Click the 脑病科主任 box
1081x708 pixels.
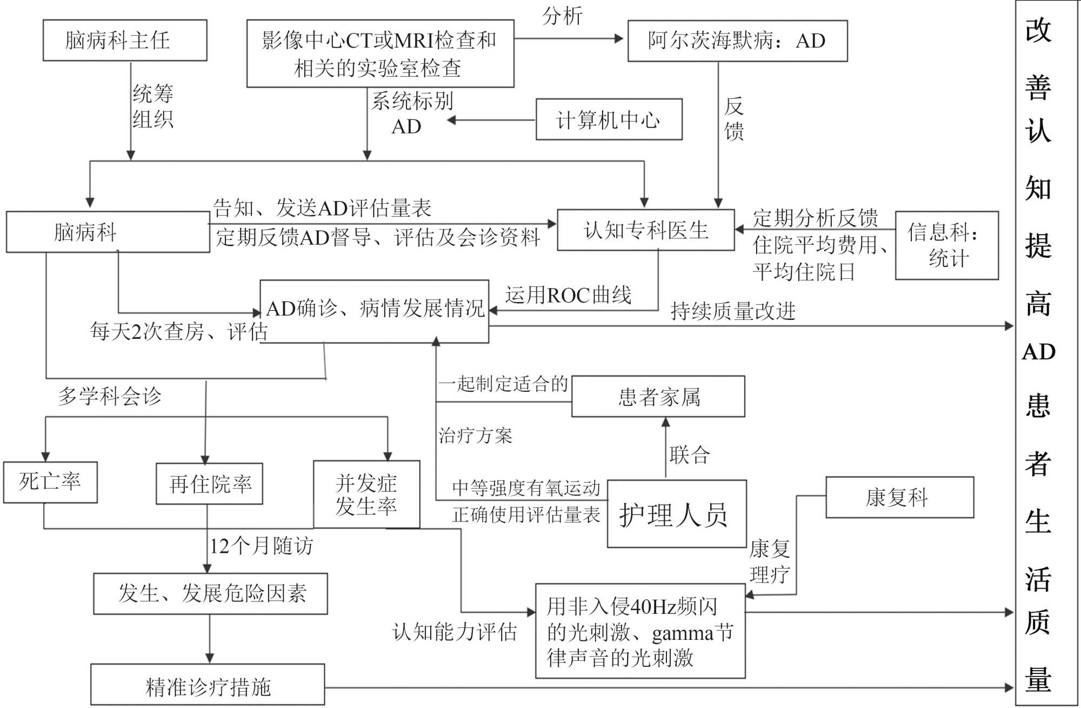pyautogui.click(x=125, y=41)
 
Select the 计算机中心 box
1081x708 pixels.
pyautogui.click(x=609, y=119)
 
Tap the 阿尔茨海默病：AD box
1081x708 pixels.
pyautogui.click(x=737, y=41)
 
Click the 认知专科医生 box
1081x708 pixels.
pyautogui.click(x=645, y=230)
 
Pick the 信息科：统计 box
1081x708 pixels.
pyautogui.click(x=946, y=245)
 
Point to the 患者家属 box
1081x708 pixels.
pyautogui.click(x=658, y=397)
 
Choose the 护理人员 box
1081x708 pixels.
pyautogui.click(x=677, y=514)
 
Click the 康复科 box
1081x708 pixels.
pyautogui.click(x=899, y=497)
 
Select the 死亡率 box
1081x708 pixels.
pyautogui.click(x=50, y=482)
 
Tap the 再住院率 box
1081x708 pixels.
pyautogui.click(x=210, y=484)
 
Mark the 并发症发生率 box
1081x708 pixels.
pyautogui.click(x=366, y=494)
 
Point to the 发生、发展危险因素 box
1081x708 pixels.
pyautogui.click(x=211, y=593)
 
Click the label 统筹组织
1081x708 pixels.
pyautogui.click(x=153, y=106)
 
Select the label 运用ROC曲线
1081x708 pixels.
pyautogui.click(x=568, y=295)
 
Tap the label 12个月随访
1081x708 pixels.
pyautogui.click(x=261, y=546)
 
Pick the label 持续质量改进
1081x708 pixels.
pyautogui.click(x=733, y=311)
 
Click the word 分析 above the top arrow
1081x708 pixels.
pyautogui.click(x=562, y=16)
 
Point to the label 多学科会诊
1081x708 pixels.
pyautogui.click(x=110, y=396)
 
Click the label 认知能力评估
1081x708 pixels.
pyautogui.click(x=455, y=631)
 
